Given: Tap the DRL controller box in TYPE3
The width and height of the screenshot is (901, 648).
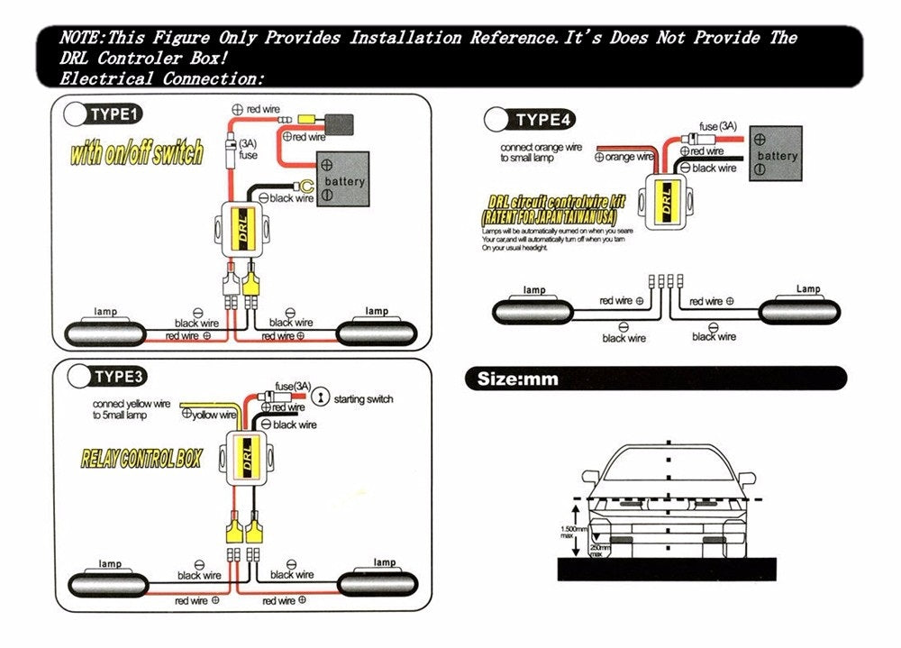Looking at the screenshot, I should (x=246, y=458).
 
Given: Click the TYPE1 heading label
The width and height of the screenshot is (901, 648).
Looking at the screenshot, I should (x=115, y=114).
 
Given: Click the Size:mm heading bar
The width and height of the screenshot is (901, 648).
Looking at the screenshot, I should (x=653, y=379).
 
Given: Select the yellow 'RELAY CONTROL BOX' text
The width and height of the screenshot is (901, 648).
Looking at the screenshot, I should (x=141, y=460).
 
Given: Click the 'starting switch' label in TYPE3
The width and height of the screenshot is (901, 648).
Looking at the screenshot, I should (x=363, y=398).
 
